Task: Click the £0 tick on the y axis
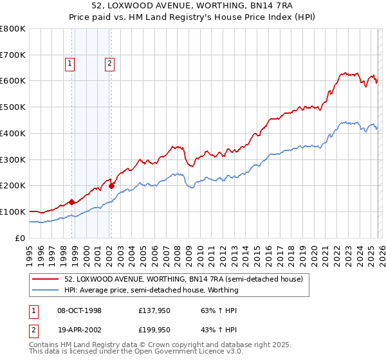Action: pos(20,238)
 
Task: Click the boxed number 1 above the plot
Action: pos(69,63)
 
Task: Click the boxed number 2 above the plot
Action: pos(110,63)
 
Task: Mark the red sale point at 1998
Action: pos(71,202)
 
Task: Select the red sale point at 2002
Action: pos(112,186)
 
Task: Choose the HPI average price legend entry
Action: pos(151,290)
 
